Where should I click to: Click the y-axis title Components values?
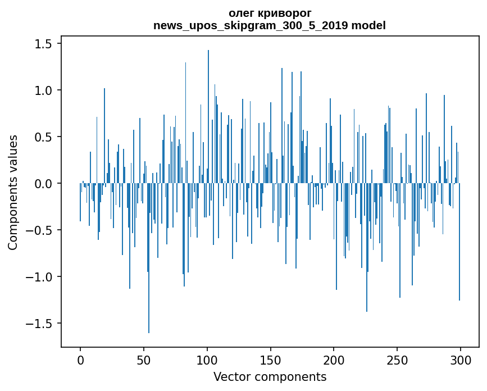pyautogui.click(x=13, y=192)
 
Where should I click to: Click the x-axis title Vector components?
pyautogui.click(x=270, y=376)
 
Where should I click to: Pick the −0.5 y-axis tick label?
pyautogui.click(x=41, y=230)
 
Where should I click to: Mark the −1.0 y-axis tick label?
pyautogui.click(x=41, y=277)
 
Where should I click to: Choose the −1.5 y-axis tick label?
pyautogui.click(x=41, y=324)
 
